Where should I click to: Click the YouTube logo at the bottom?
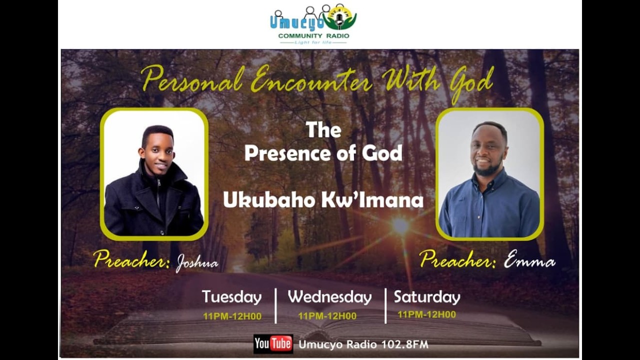coord(273,343)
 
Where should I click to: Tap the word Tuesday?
coord(231,297)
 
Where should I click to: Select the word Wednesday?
coord(329,297)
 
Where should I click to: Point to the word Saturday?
coord(426,297)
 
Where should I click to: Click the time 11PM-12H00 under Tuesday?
coord(232,316)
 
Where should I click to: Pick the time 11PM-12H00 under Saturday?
coord(426,314)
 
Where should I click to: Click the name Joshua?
coord(196,263)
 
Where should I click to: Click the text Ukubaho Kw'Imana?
coord(323,200)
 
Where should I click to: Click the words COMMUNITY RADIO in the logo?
coord(313,36)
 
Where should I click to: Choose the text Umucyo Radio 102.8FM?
coord(363,344)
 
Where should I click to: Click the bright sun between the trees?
coord(400,225)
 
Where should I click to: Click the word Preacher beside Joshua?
coord(131,259)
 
